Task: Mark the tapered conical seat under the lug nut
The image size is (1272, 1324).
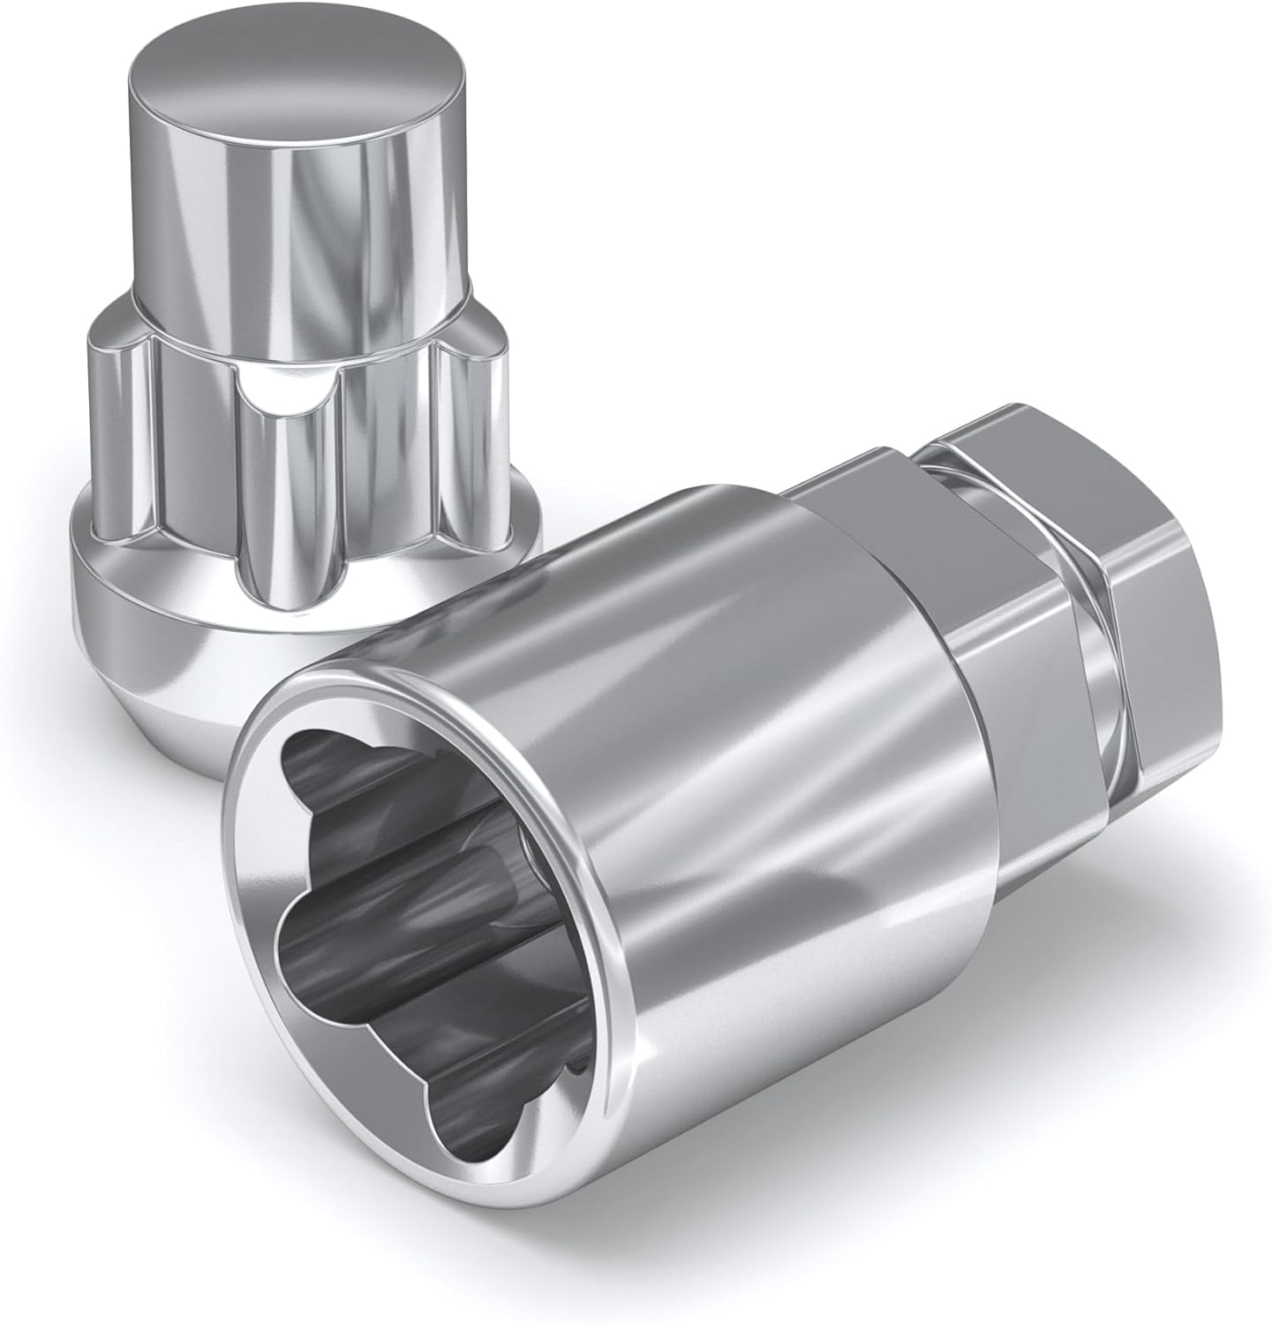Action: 177,680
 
